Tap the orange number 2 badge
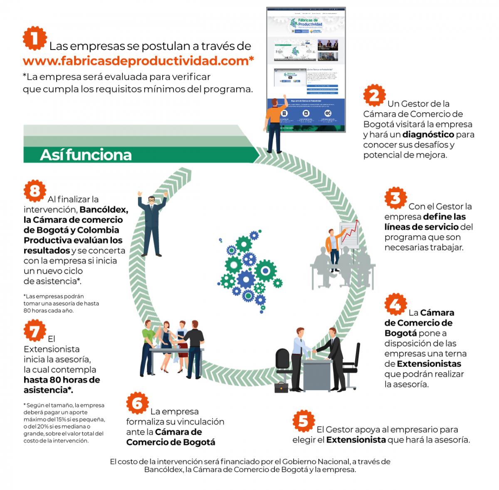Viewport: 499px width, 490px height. tap(374, 96)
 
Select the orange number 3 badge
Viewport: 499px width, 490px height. tap(395, 198)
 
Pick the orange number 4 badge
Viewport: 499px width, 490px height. tap(395, 305)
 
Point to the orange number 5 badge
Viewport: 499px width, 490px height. tap(304, 421)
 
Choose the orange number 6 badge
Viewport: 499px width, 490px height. tap(137, 403)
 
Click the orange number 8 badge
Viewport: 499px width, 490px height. tap(35, 191)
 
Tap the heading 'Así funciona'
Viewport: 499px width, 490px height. tap(86, 155)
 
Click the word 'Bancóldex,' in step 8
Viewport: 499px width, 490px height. tap(104, 209)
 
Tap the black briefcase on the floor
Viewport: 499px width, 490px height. tap(281, 387)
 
